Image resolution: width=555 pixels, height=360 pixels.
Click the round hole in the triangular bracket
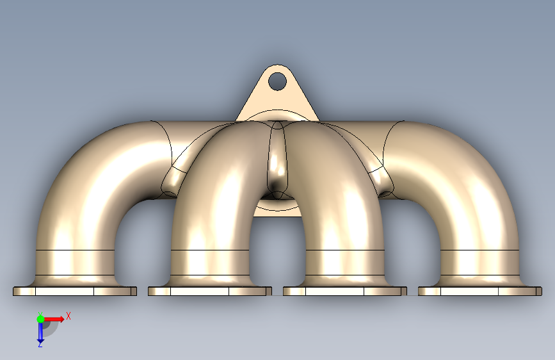pos(277,81)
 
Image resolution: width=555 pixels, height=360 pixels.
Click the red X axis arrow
pos(54,319)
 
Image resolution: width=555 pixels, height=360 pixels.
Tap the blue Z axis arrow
pos(40,332)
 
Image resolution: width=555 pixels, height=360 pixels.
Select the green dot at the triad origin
pos(40,319)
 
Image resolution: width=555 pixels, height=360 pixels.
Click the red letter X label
pos(68,316)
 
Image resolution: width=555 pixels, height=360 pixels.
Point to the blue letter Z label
pos(40,344)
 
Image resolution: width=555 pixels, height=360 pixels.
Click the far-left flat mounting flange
pos(75,291)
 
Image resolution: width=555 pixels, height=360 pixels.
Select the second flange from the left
pos(210,291)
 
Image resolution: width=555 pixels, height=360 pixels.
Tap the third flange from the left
pos(345,291)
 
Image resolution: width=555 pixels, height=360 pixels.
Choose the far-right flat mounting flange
pos(480,291)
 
